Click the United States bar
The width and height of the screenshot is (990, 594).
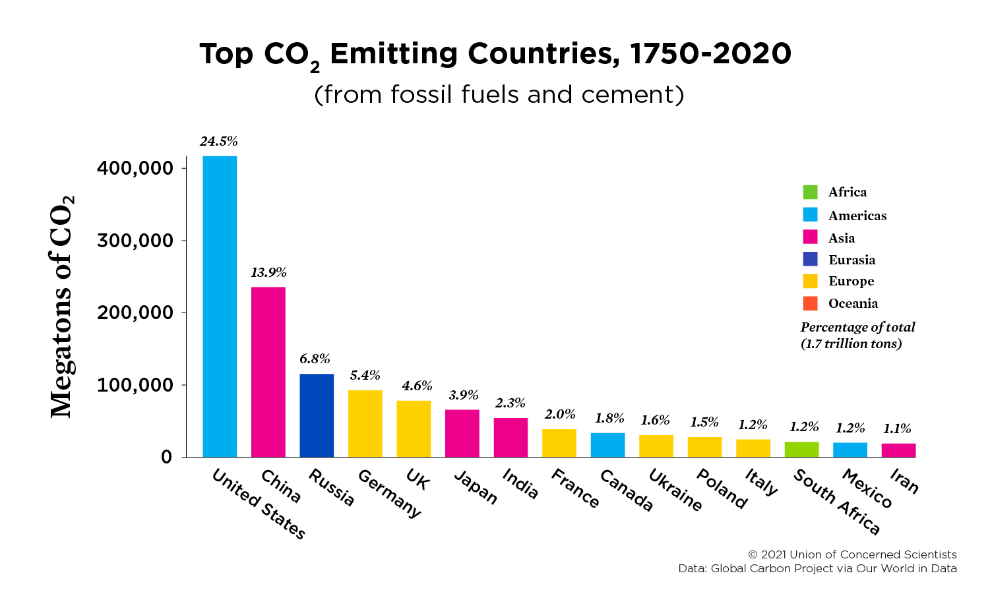tap(220, 307)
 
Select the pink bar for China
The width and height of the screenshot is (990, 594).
tap(268, 372)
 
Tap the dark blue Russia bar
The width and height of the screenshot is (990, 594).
tap(317, 415)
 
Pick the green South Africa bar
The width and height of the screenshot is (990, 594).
tap(801, 450)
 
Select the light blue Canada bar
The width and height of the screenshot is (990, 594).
tap(607, 445)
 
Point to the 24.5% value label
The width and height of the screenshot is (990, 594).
tap(219, 141)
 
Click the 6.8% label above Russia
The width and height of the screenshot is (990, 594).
tap(315, 359)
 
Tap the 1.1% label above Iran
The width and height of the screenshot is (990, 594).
tap(897, 429)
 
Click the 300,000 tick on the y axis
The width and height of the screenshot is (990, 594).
tap(135, 241)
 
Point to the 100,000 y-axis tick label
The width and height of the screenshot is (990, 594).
tap(135, 385)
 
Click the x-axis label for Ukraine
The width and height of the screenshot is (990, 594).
tap(675, 490)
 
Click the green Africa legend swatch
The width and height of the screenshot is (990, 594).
tap(810, 192)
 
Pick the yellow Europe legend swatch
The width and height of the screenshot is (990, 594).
tap(810, 281)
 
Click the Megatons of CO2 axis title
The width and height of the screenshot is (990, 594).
tap(63, 307)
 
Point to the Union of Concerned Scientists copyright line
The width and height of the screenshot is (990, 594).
tap(852, 554)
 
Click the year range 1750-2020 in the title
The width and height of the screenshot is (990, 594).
tap(710, 54)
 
